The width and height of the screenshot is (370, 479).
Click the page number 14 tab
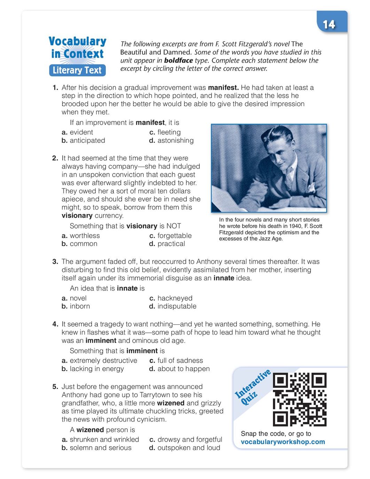click(329, 24)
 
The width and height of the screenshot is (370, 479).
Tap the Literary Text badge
click(77, 70)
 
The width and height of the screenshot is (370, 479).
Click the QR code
click(299, 400)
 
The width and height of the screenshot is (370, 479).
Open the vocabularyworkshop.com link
click(283, 442)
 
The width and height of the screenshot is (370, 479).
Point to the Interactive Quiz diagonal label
click(252, 387)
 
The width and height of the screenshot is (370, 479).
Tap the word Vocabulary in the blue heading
click(77, 41)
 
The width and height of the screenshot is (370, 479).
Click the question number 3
click(55, 262)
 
